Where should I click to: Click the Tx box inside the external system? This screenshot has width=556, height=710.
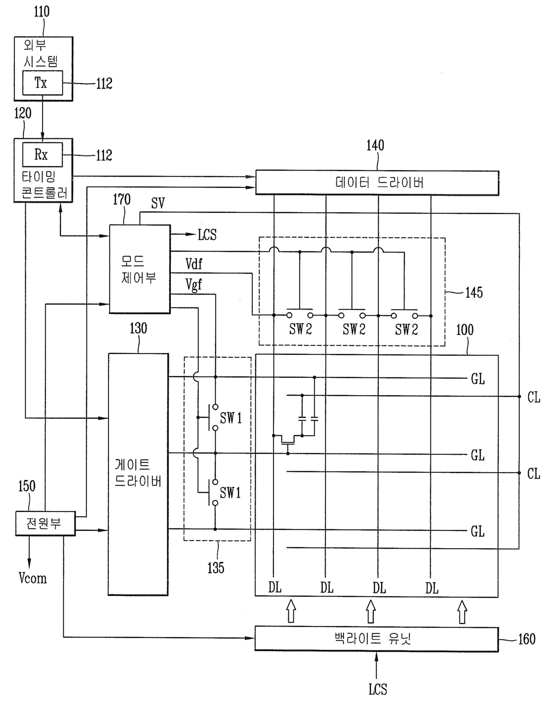pyautogui.click(x=43, y=82)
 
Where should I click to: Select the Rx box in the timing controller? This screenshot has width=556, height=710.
pyautogui.click(x=43, y=155)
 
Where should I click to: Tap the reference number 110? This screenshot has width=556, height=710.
pyautogui.click(x=42, y=12)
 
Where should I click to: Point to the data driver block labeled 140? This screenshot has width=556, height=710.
pyautogui.click(x=377, y=182)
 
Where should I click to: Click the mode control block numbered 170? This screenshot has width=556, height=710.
pyautogui.click(x=140, y=269)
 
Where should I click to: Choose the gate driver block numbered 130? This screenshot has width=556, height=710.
pyautogui.click(x=138, y=474)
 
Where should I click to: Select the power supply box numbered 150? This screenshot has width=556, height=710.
pyautogui.click(x=45, y=523)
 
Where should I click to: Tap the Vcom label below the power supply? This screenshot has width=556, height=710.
pyautogui.click(x=33, y=578)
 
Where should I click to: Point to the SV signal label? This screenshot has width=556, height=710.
pyautogui.click(x=158, y=203)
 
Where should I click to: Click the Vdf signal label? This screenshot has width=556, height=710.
pyautogui.click(x=194, y=264)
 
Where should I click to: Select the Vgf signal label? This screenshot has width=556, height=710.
pyautogui.click(x=194, y=285)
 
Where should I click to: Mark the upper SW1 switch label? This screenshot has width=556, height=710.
pyautogui.click(x=231, y=418)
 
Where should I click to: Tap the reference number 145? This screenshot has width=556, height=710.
pyautogui.click(x=473, y=292)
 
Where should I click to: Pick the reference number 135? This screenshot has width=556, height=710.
pyautogui.click(x=216, y=567)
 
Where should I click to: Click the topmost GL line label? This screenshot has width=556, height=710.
pyautogui.click(x=478, y=379)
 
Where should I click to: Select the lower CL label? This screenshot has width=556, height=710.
pyautogui.click(x=534, y=473)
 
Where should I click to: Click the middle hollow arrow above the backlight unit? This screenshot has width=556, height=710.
pyautogui.click(x=371, y=611)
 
